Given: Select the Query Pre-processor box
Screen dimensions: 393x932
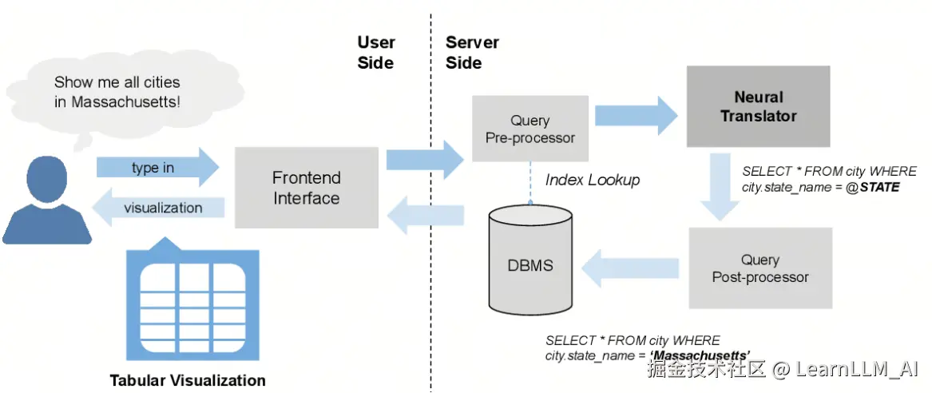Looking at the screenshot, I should (530, 129).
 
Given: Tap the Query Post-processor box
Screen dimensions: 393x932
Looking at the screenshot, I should (759, 268).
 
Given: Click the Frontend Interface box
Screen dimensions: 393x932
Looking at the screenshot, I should (306, 188).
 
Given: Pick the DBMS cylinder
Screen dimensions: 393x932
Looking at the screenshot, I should (530, 261).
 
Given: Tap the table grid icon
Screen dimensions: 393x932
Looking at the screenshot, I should (192, 304).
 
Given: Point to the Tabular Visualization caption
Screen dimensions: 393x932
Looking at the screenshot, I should (188, 380).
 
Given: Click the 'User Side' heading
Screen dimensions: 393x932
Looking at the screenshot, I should (375, 53).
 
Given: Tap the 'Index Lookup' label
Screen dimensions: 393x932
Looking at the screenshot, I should (593, 180).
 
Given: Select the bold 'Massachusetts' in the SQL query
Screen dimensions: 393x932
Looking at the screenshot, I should (700, 355).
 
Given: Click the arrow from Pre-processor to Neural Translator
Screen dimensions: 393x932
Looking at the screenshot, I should (635, 113).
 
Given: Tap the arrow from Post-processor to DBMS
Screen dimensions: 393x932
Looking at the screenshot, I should (630, 268).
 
